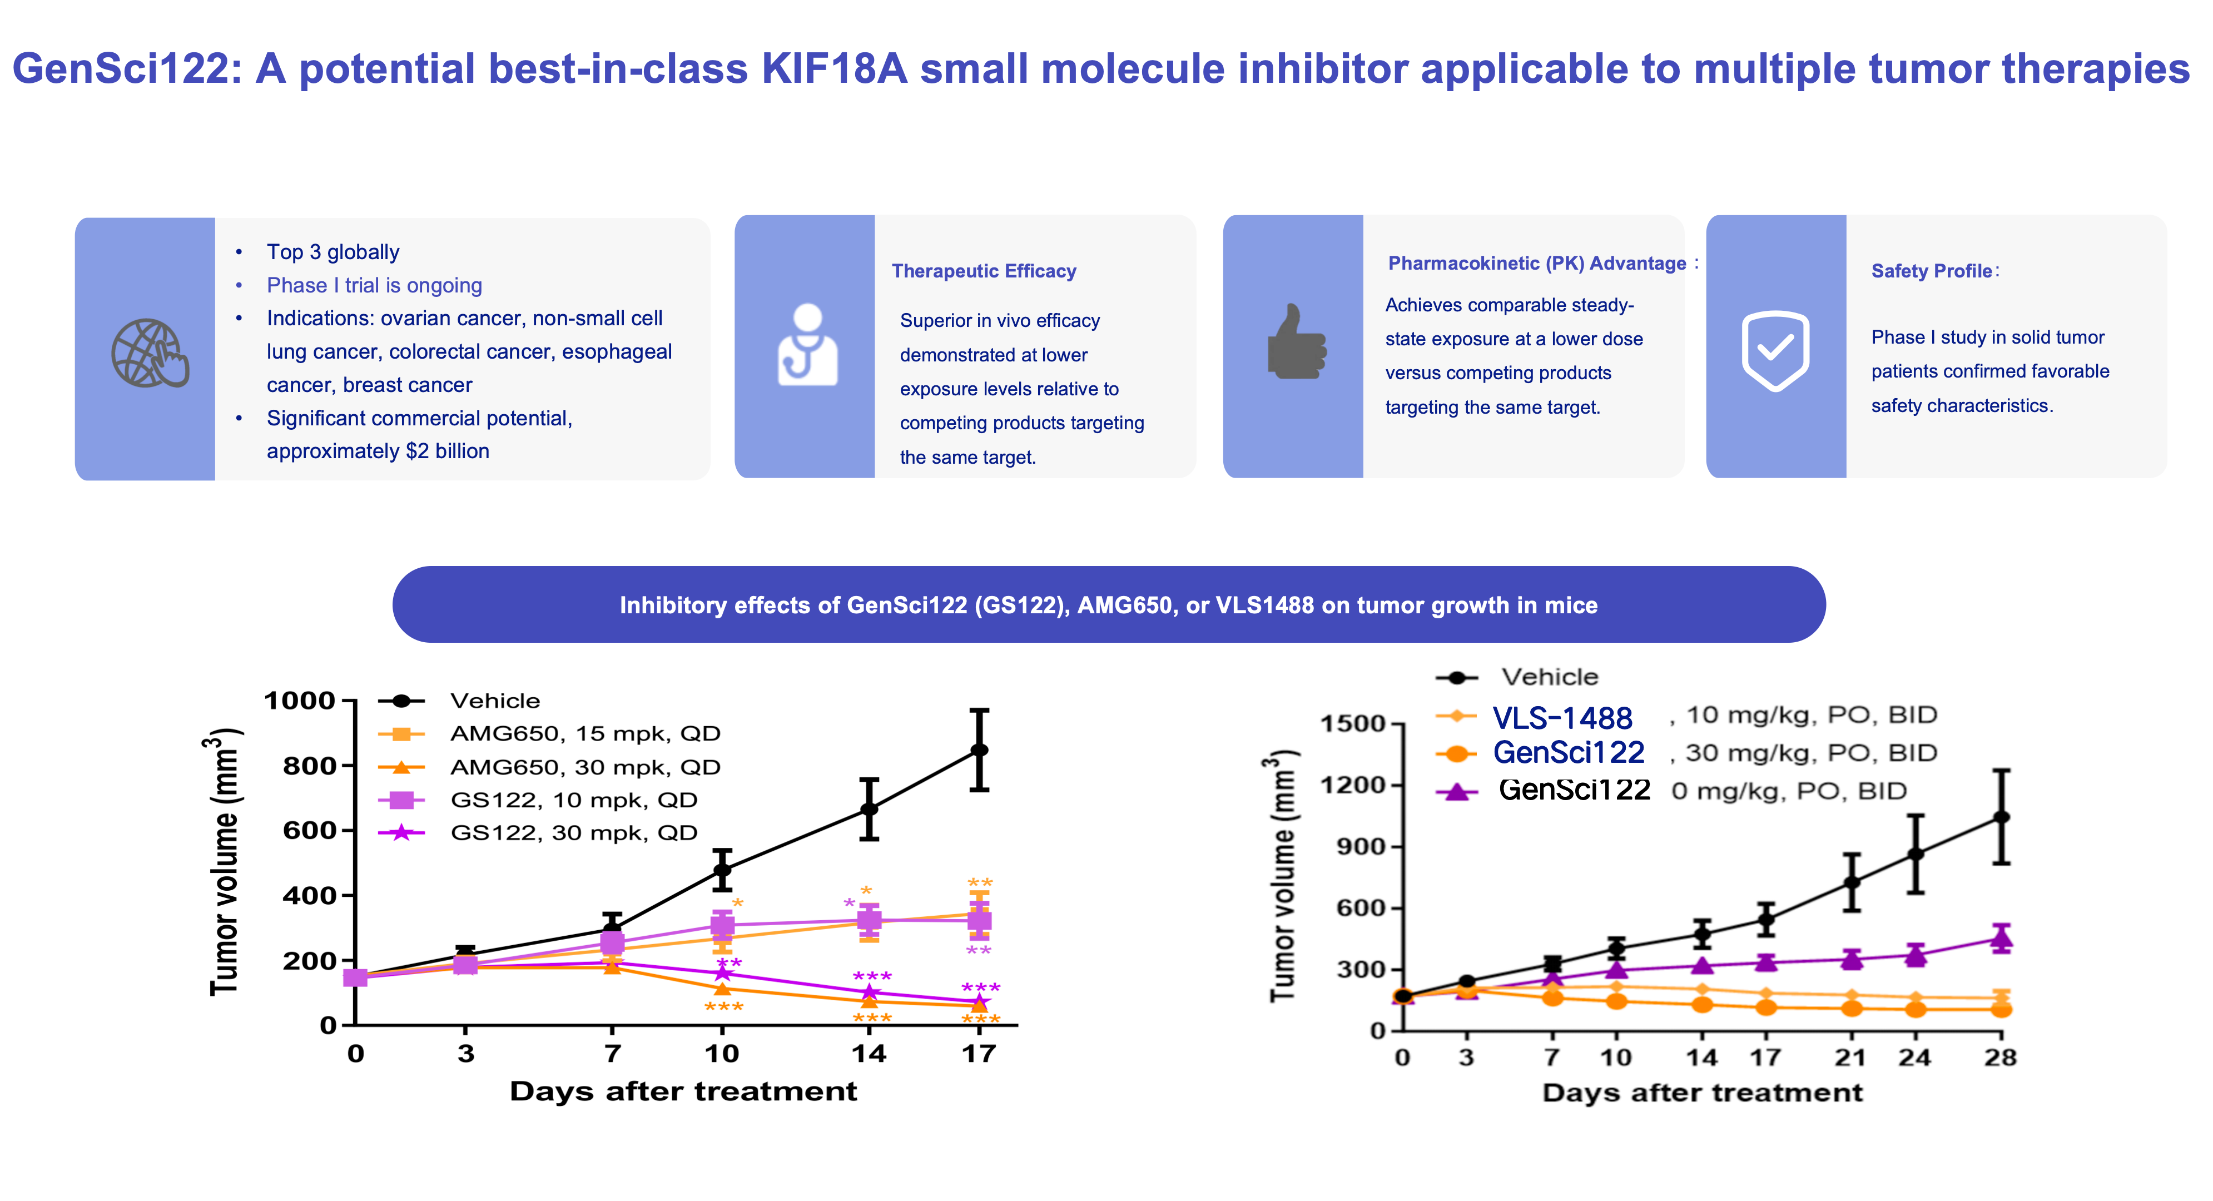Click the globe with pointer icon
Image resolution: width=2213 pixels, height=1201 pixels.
tap(150, 353)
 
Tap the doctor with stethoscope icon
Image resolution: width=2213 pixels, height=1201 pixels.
tap(807, 345)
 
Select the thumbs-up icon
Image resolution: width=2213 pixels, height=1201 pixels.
tap(1296, 342)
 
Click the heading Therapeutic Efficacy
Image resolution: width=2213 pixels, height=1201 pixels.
tap(984, 271)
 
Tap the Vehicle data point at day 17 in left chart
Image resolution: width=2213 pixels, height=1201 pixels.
tap(979, 750)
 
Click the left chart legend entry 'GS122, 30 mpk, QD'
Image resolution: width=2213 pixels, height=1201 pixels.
tap(574, 832)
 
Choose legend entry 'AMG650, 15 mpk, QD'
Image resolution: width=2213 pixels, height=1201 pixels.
tap(585, 733)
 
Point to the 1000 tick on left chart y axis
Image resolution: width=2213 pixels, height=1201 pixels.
tap(300, 701)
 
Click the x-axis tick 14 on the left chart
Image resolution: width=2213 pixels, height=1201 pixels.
tap(869, 1053)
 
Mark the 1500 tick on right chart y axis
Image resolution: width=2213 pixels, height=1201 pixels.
tap(1353, 723)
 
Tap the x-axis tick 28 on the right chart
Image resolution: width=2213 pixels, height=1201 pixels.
tap(2000, 1058)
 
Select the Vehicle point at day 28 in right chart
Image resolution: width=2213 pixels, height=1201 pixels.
tap(2001, 817)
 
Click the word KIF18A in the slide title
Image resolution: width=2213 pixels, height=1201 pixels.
tap(834, 69)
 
